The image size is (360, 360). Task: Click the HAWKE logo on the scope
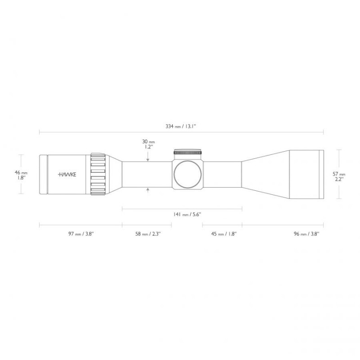tap(67, 175)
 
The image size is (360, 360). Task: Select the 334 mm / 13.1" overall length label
tap(181, 126)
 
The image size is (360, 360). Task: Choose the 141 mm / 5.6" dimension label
tap(187, 215)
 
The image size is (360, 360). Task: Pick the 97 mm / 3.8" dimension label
tap(81, 234)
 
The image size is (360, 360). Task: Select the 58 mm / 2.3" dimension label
tap(148, 234)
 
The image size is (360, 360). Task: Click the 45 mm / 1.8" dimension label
tap(224, 234)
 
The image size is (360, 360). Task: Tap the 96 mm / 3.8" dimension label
tap(306, 234)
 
